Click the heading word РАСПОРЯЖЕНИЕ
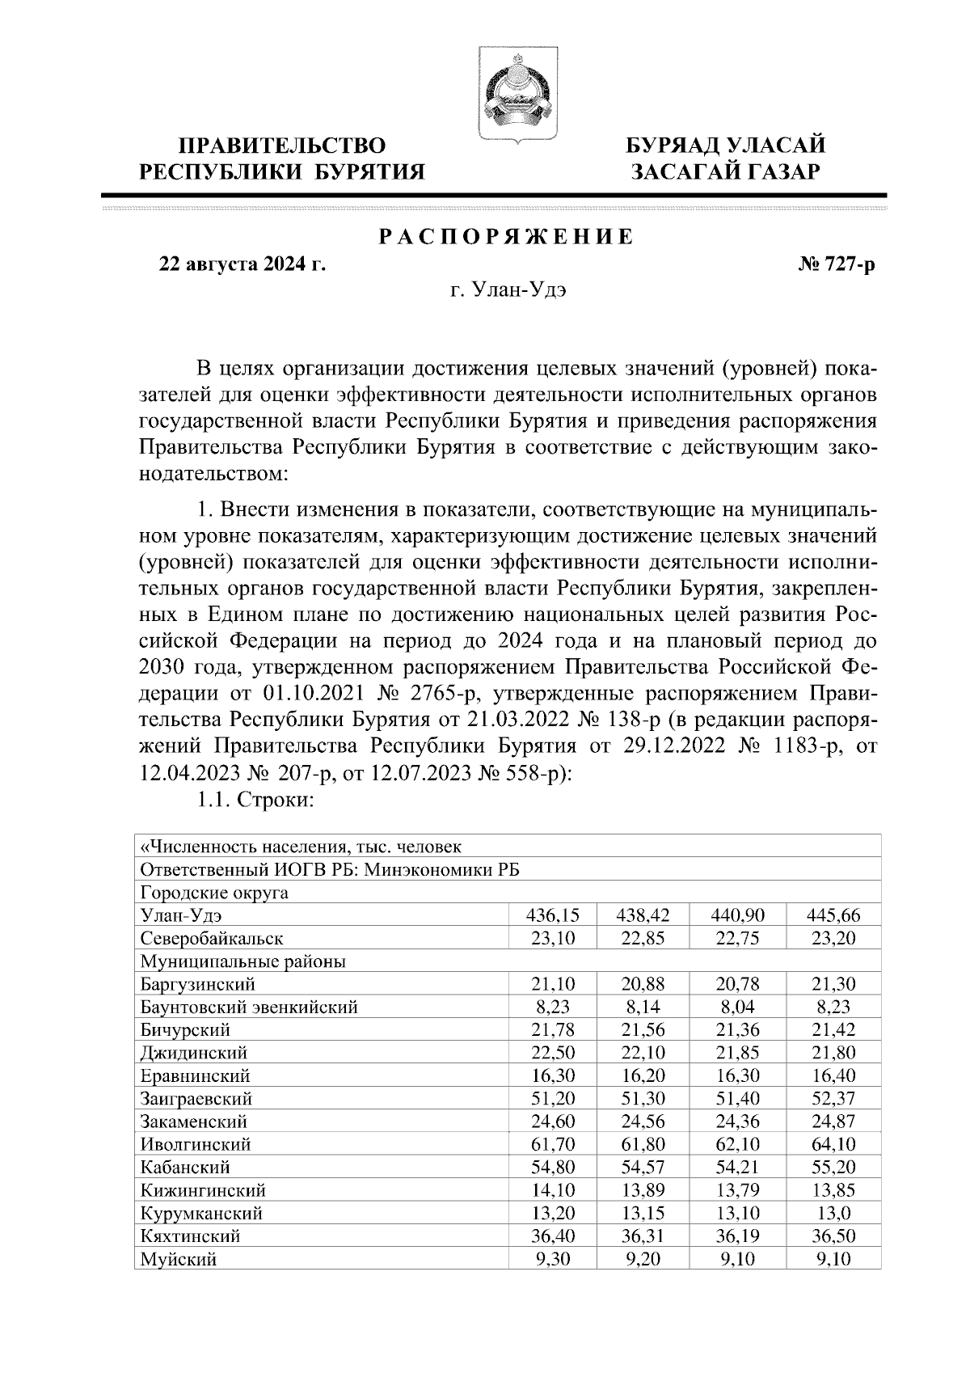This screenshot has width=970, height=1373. pyautogui.click(x=507, y=237)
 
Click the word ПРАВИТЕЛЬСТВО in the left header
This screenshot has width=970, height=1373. pyautogui.click(x=282, y=146)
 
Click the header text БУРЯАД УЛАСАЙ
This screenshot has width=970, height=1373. pyautogui.click(x=727, y=146)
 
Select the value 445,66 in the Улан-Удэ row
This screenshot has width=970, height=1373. pyautogui.click(x=833, y=915)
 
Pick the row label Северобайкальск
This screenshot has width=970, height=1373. pyautogui.click(x=212, y=939)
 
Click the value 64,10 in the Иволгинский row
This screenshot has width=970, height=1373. pyautogui.click(x=833, y=1144)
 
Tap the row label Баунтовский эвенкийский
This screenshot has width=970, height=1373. pyautogui.click(x=249, y=1008)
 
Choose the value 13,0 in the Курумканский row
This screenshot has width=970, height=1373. pyautogui.click(x=833, y=1213)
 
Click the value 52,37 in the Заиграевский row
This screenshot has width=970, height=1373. pyautogui.click(x=833, y=1099)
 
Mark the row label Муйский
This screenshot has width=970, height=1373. pyautogui.click(x=178, y=1259)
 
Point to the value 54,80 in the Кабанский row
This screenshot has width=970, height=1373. pyautogui.click(x=553, y=1168)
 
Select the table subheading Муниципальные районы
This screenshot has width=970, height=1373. pyautogui.click(x=243, y=961)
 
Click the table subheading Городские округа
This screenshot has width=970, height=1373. pyautogui.click(x=214, y=893)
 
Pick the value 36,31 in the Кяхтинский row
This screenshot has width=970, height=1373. pyautogui.click(x=643, y=1236)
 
